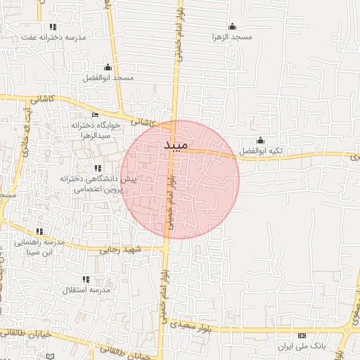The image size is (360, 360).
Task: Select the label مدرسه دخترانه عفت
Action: click(x=53, y=37)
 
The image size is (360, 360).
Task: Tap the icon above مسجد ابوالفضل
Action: click(x=107, y=66)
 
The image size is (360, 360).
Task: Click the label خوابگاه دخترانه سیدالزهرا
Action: click(x=96, y=129)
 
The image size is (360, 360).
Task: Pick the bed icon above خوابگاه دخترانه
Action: click(x=96, y=115)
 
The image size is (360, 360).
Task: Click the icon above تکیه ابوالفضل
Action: click(x=261, y=140)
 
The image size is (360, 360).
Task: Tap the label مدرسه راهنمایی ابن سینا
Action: click(x=39, y=247)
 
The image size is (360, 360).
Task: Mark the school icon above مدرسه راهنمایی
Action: click(x=39, y=231)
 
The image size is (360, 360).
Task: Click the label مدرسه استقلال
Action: click(x=86, y=290)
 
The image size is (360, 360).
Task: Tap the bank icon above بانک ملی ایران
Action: click(x=302, y=336)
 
